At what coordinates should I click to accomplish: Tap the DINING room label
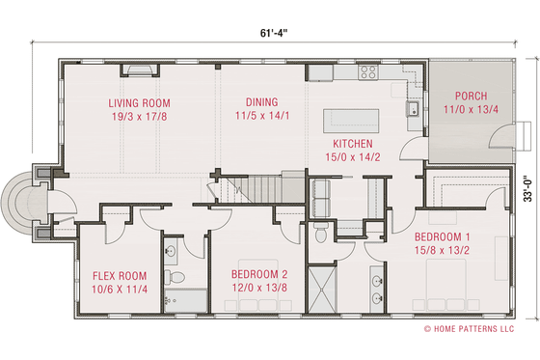[x=261, y=101]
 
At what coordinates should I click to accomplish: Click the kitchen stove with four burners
[x=368, y=71]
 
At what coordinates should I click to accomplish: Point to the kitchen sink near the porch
[x=412, y=107]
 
